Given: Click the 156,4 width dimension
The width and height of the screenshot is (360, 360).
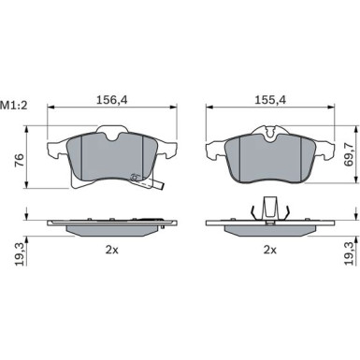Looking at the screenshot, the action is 112,100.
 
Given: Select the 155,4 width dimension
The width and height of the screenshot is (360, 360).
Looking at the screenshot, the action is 270,100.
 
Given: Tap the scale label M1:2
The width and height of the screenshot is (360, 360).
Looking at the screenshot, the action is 14,106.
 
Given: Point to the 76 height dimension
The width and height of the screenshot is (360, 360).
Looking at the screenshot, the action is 20,161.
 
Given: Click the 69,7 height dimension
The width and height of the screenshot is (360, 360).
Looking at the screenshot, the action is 350,154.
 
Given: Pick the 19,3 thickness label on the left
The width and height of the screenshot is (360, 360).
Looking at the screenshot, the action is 20,254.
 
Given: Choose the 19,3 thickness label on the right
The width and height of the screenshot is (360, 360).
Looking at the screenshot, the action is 350,253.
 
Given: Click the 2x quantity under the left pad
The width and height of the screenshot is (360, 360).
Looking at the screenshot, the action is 112,250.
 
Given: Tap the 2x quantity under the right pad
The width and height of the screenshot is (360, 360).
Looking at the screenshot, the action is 270,250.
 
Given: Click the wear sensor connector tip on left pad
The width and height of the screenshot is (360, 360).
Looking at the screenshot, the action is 161,186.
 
